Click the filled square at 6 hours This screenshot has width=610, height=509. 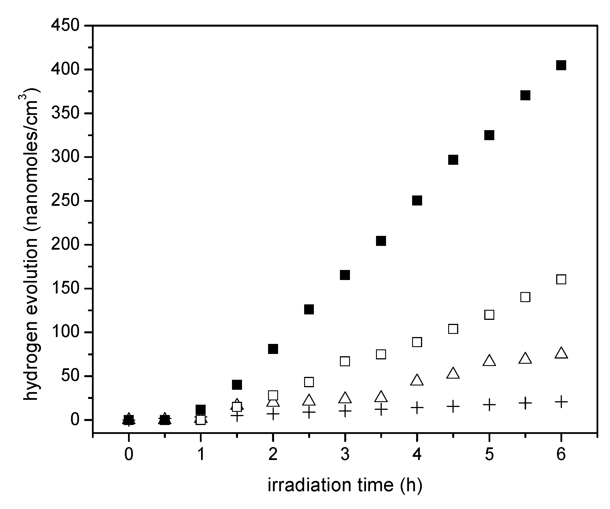pyautogui.click(x=561, y=65)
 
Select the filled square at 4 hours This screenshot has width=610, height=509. pyautogui.click(x=417, y=201)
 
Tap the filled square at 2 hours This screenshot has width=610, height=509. pyautogui.click(x=273, y=349)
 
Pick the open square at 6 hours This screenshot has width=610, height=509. pyautogui.click(x=561, y=279)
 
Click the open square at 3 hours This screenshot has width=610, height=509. pyautogui.click(x=345, y=361)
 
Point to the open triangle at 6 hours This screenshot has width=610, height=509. pyautogui.click(x=561, y=353)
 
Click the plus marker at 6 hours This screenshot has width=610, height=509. pyautogui.click(x=561, y=402)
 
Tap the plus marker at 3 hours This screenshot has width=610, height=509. pyautogui.click(x=345, y=411)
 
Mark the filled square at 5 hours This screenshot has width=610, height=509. pyautogui.click(x=489, y=135)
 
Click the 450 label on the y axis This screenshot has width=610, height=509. pyautogui.click(x=65, y=26)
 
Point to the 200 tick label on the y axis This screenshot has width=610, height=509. pyautogui.click(x=65, y=244)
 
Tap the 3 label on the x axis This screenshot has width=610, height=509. pyautogui.click(x=345, y=454)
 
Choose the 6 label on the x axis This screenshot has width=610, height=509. pyautogui.click(x=561, y=454)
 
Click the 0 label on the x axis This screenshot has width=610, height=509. pyautogui.click(x=129, y=454)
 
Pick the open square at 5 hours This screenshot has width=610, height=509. pyautogui.click(x=489, y=315)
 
